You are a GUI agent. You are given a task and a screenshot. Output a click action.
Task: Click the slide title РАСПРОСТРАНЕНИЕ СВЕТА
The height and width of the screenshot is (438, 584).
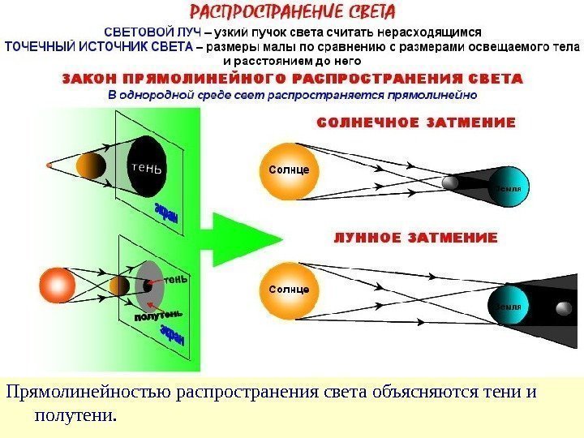tap(292, 13)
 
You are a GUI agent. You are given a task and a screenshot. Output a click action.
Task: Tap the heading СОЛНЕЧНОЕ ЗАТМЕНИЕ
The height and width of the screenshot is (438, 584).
tap(414, 124)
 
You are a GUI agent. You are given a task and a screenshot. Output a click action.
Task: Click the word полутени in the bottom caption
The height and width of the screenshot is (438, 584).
tap(75, 416)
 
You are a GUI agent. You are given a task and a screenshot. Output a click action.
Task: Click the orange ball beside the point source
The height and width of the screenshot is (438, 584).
tap(91, 166)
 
